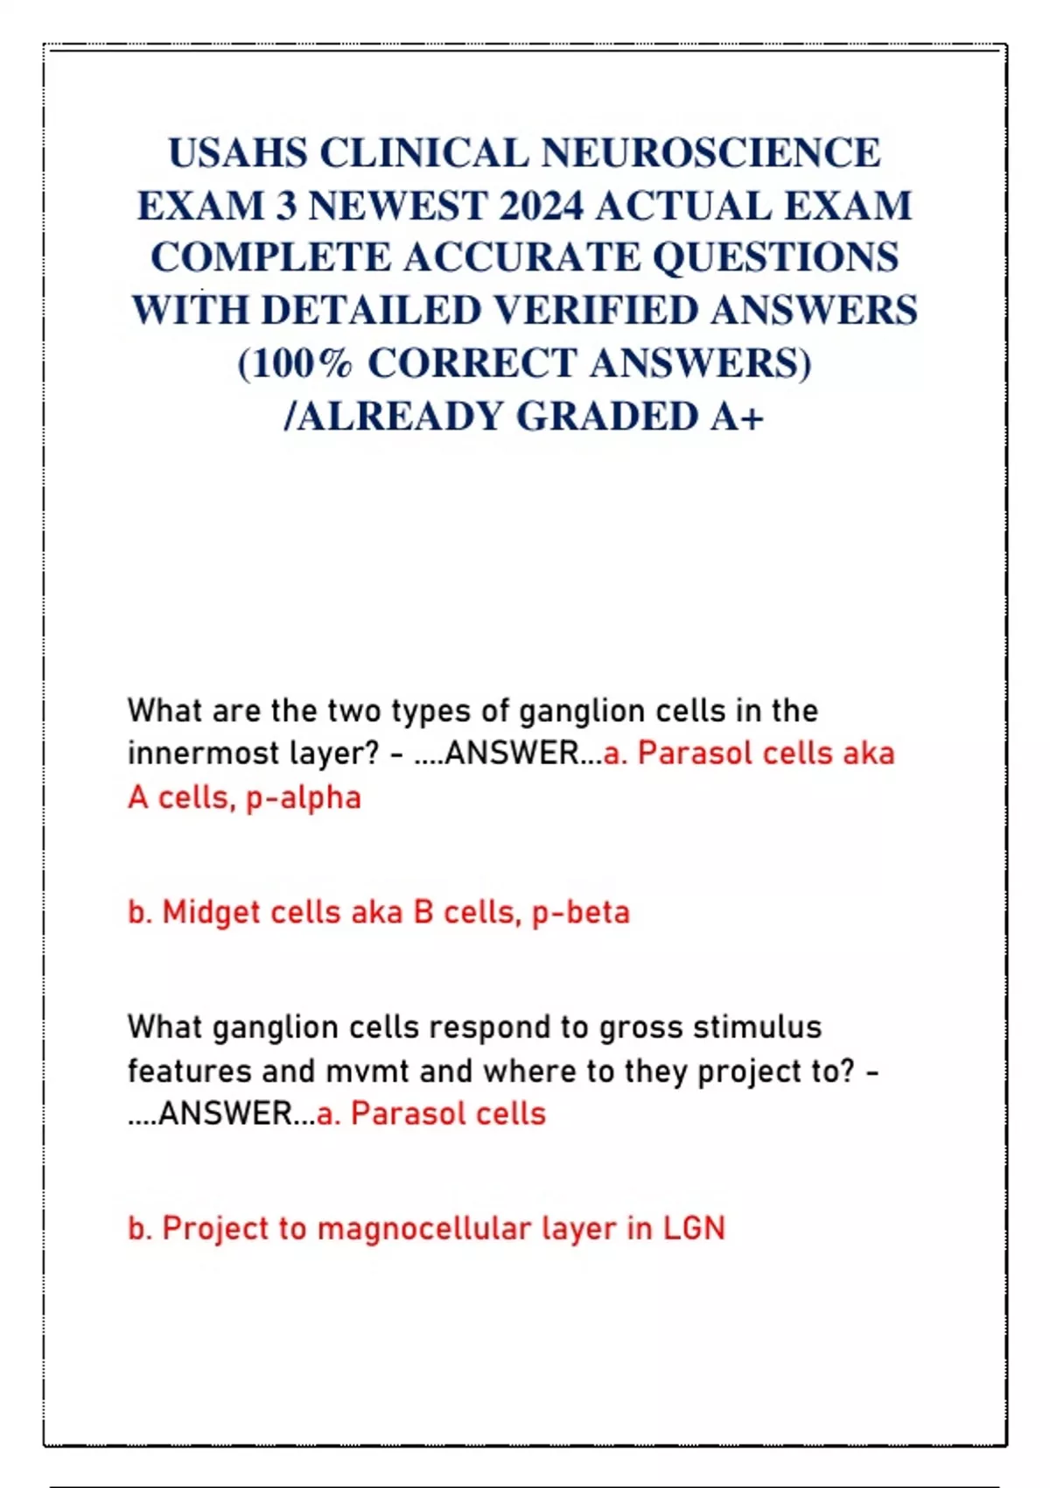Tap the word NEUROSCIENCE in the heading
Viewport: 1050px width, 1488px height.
pos(711,153)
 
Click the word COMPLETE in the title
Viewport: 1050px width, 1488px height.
pos(270,258)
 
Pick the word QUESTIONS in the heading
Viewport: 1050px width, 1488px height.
pos(776,258)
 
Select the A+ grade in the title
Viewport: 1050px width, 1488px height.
pos(738,417)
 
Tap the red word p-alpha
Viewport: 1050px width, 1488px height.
pos(304,798)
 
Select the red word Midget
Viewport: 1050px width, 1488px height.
pos(211,913)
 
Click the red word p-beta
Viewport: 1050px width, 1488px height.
pos(580,913)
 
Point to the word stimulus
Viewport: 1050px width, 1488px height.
pos(757,1028)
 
